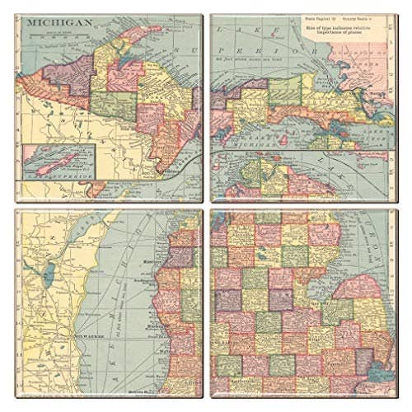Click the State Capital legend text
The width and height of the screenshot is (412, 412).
pos(317,16)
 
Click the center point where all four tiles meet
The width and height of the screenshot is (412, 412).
pos(206,206)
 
